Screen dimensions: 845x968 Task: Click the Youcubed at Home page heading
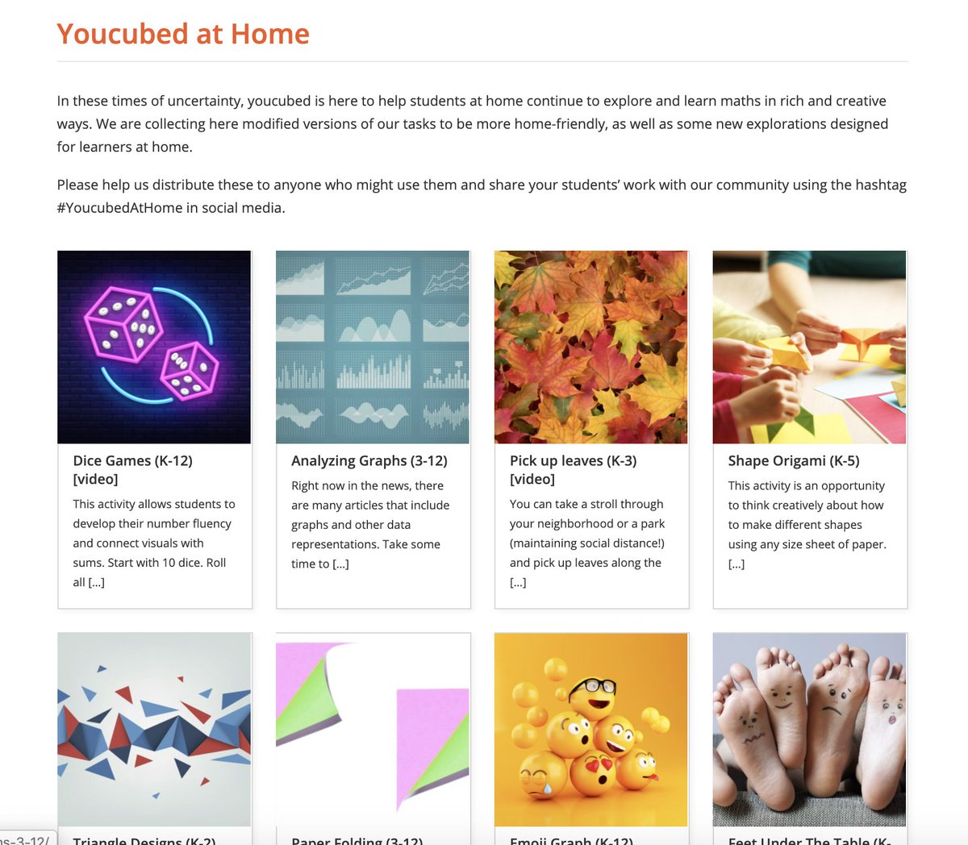tap(183, 34)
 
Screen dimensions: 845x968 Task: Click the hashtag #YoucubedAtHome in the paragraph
tap(119, 208)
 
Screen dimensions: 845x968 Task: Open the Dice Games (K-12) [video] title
tap(132, 469)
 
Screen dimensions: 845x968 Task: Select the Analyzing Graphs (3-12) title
tap(369, 460)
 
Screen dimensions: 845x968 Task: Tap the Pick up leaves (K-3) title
tap(573, 469)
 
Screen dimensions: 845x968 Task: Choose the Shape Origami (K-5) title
tap(793, 460)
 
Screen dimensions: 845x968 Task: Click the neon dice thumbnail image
tap(154, 347)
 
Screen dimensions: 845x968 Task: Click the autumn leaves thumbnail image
tap(590, 347)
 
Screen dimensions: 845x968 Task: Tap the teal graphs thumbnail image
tap(372, 347)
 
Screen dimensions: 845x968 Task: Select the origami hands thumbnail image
tap(809, 347)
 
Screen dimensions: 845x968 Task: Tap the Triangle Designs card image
tap(154, 729)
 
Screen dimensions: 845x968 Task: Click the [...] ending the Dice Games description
tap(96, 582)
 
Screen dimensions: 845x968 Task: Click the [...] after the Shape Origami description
tap(736, 564)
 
